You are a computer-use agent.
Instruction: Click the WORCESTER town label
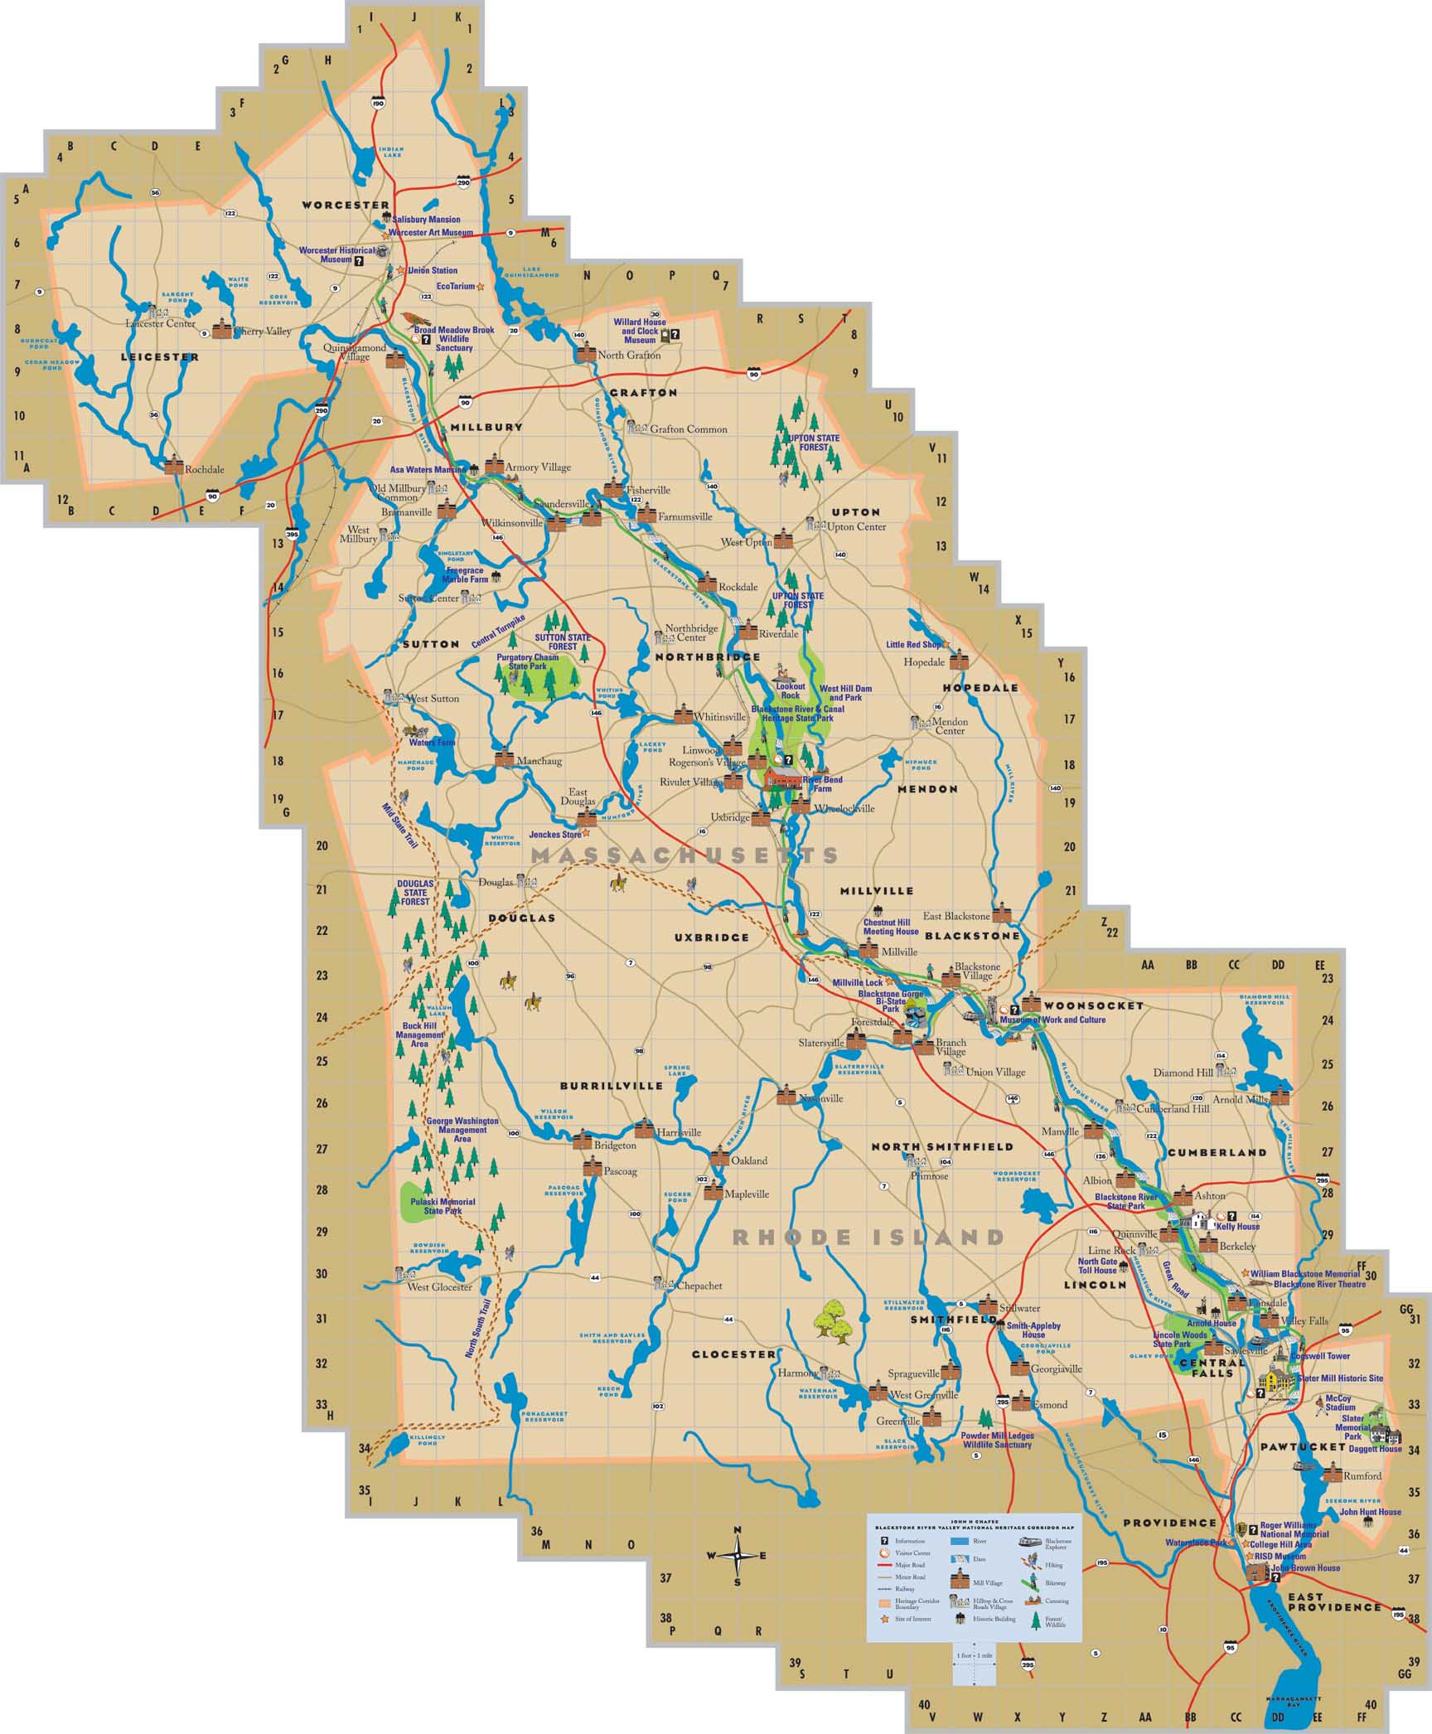tap(345, 205)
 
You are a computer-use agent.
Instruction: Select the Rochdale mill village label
tap(205, 469)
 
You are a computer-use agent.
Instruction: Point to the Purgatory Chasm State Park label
tap(527, 661)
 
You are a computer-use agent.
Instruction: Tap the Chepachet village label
tap(699, 1286)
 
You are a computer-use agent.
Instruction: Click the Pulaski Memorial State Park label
tap(449, 1206)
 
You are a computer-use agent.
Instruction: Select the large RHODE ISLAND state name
tap(868, 1238)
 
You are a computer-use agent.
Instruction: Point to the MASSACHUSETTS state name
tap(685, 855)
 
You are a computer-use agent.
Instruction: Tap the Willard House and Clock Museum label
tap(640, 331)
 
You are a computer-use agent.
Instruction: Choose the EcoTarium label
tap(456, 286)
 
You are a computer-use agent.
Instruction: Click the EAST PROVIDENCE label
tap(1334, 1601)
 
